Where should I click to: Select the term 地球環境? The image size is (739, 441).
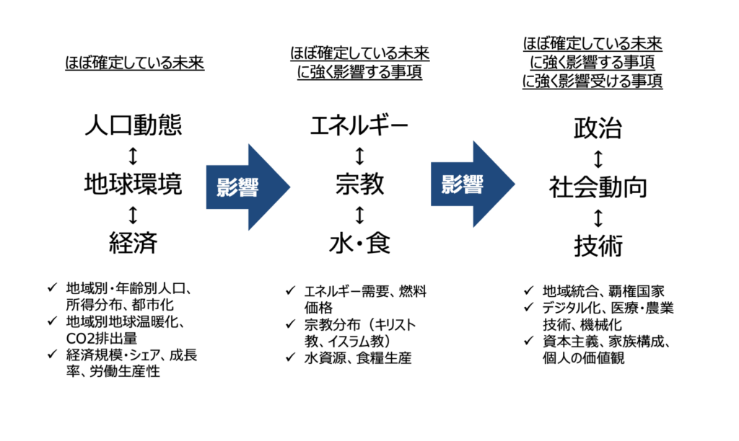133,184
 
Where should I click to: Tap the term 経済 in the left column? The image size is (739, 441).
133,243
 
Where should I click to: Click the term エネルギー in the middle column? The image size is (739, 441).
359,127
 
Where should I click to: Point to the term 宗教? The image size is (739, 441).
359,184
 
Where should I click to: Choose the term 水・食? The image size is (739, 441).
359,243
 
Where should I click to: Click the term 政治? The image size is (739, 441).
598,129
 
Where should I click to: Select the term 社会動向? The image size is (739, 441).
598,187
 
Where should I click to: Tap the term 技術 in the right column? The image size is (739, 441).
598,246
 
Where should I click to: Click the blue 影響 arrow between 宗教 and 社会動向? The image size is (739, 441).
469,186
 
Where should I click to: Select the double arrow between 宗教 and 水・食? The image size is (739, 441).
359,214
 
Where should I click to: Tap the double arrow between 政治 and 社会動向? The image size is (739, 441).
598,159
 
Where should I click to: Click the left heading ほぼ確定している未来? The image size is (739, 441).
133,64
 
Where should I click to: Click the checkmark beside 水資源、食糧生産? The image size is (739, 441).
289,357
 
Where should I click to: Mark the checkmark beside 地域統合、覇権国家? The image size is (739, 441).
528,291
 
